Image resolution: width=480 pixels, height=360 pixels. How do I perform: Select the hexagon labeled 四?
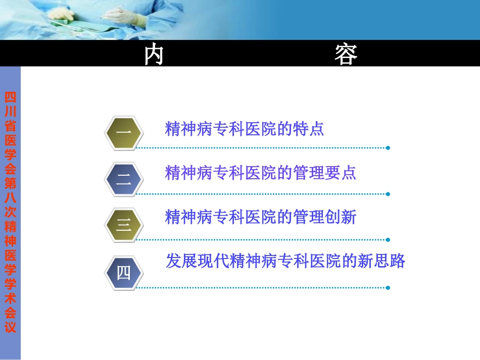point(124,273)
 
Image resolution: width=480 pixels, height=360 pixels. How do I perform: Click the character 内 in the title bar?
point(154,54)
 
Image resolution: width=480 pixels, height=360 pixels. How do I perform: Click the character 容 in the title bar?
point(346,54)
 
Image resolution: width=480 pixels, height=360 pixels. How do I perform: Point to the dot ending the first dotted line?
point(388,148)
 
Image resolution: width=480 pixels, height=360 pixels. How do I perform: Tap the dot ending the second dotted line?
point(388,194)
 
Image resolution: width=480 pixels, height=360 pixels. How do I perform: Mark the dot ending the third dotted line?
point(388,240)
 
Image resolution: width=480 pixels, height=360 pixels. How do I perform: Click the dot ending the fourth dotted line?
point(388,288)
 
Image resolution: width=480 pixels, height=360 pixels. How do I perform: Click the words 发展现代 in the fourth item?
point(197,261)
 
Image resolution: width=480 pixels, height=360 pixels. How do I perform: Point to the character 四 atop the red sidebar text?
point(10,97)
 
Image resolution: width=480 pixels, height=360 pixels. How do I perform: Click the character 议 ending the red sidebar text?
point(10,327)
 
